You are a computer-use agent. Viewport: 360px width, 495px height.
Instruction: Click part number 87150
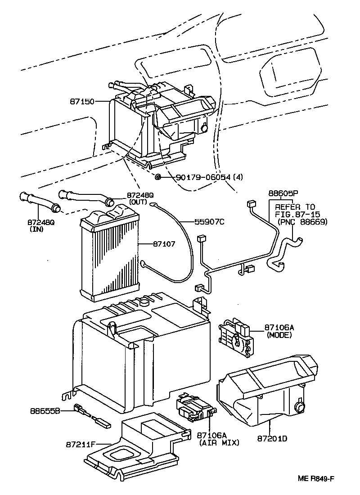(82, 102)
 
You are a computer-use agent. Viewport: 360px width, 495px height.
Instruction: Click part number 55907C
(209, 222)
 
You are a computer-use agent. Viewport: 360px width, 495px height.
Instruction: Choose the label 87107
(164, 244)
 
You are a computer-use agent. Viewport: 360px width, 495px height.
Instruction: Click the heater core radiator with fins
(109, 252)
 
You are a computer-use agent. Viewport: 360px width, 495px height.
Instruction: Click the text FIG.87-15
(297, 214)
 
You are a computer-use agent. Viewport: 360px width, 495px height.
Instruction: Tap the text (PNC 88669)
(302, 221)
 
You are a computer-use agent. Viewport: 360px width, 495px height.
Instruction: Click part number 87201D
(272, 438)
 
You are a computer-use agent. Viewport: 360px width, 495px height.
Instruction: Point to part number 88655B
(45, 411)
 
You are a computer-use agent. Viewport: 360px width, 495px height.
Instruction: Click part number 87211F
(81, 444)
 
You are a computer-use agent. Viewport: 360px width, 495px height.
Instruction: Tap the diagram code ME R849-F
(316, 478)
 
